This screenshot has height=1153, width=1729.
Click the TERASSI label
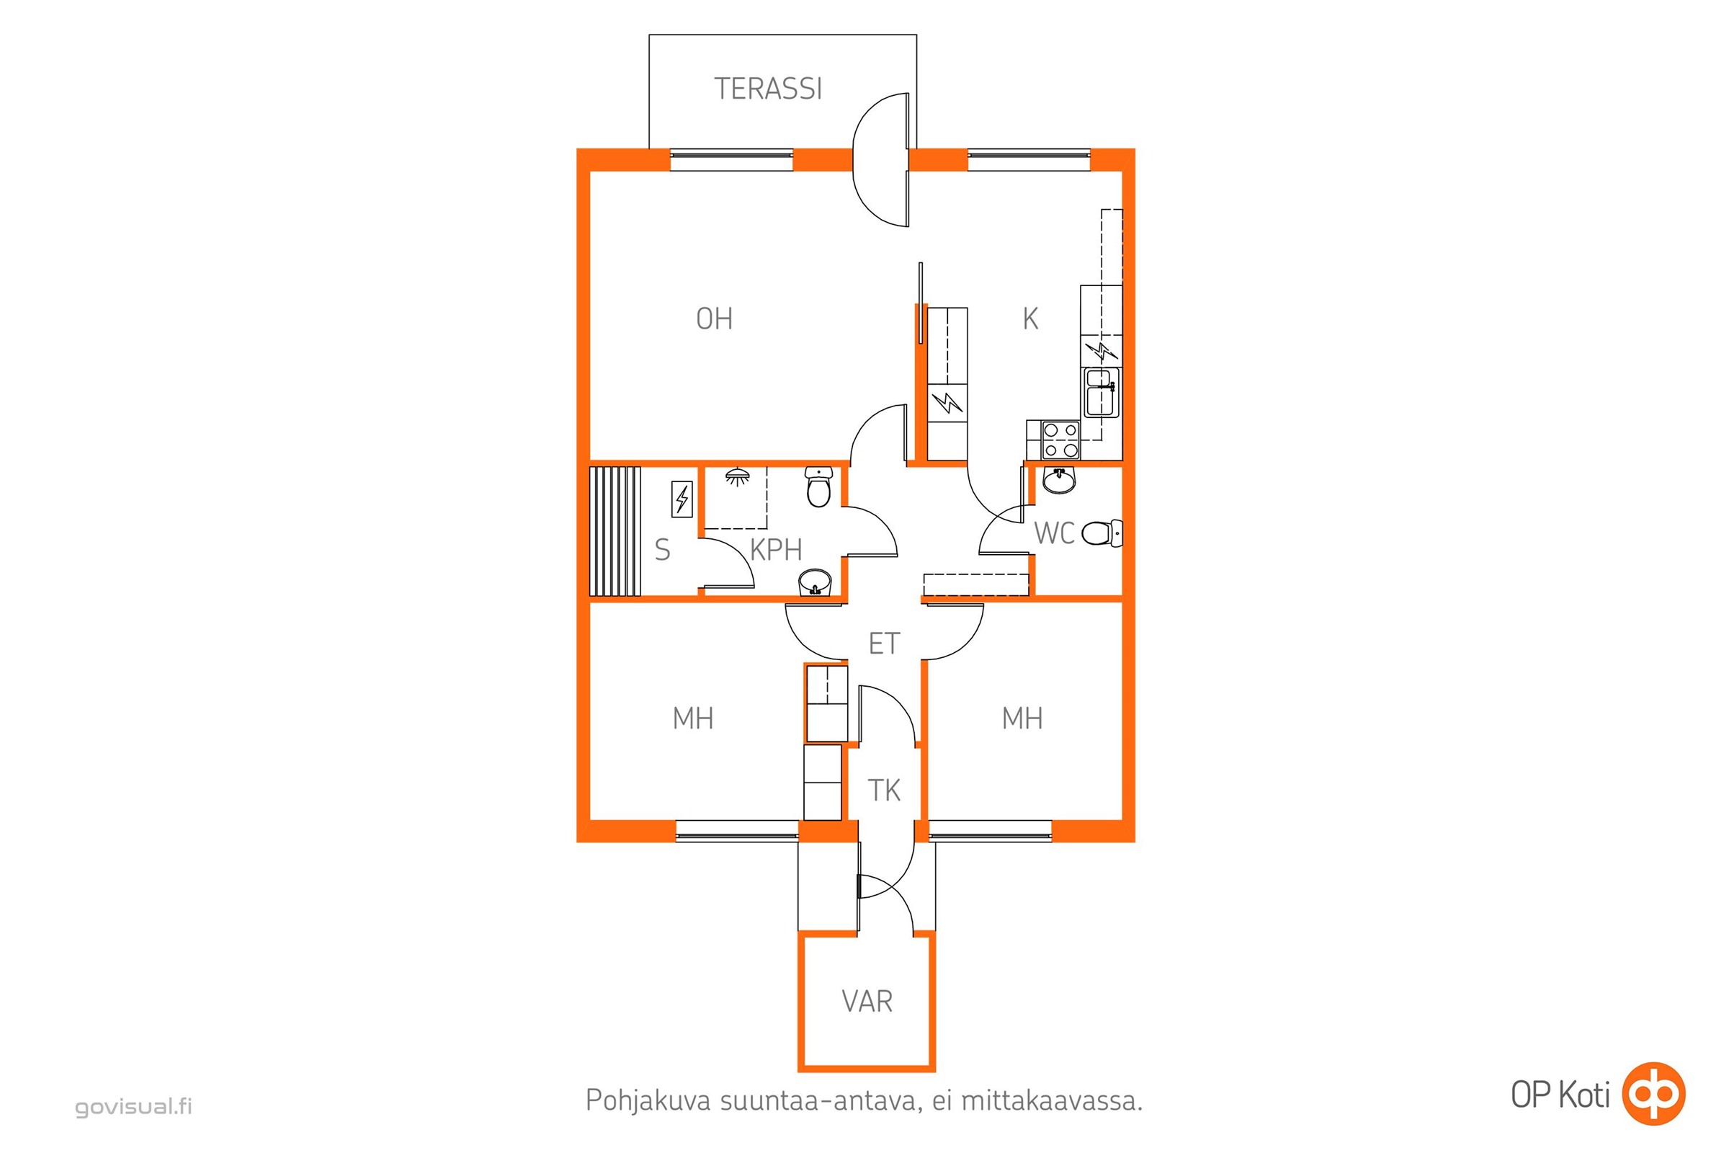tap(768, 89)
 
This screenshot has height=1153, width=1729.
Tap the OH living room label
tap(714, 319)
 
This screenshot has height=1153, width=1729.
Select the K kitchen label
tap(1030, 319)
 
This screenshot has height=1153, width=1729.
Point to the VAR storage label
tap(867, 1002)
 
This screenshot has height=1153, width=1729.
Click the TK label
tap(884, 791)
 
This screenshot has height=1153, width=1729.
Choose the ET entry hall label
tap(884, 644)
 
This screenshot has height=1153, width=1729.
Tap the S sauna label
tap(662, 550)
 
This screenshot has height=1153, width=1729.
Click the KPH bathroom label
tap(776, 550)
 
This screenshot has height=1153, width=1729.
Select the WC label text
tap(1053, 534)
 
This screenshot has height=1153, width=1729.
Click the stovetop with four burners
tap(1060, 440)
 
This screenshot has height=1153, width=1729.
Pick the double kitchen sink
tap(1101, 392)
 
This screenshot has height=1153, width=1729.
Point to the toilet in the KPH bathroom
tap(818, 487)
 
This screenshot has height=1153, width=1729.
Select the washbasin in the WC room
tap(1058, 480)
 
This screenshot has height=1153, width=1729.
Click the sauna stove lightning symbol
tap(682, 499)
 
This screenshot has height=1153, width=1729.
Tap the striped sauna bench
tap(615, 530)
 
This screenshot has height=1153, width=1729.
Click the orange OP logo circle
tap(1654, 1094)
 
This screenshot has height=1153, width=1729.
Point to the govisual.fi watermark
tap(133, 1106)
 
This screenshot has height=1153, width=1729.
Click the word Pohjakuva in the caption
tap(648, 1101)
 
